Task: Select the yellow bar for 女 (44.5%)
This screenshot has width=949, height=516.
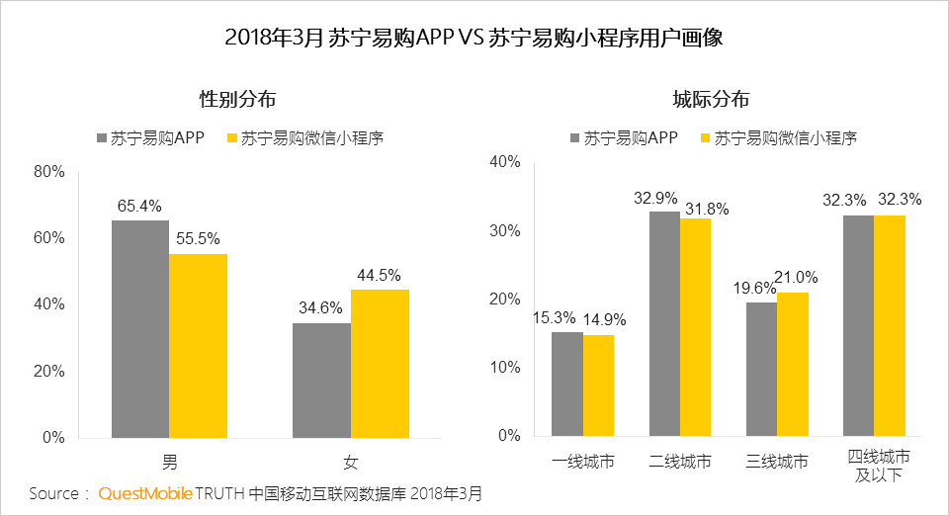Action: pyautogui.click(x=380, y=363)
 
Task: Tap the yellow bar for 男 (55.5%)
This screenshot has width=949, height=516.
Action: pyautogui.click(x=198, y=345)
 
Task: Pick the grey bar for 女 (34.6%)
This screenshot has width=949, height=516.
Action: pyautogui.click(x=321, y=380)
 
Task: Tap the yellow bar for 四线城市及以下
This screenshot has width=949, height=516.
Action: pyautogui.click(x=890, y=325)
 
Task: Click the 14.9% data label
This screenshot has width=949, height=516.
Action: pyautogui.click(x=603, y=319)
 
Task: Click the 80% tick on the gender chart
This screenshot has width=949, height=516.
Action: pyautogui.click(x=48, y=172)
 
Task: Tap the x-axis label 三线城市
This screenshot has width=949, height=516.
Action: pyautogui.click(x=777, y=462)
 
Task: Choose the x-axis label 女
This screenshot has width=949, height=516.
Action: pyautogui.click(x=351, y=462)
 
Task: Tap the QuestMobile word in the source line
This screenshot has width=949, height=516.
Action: pyautogui.click(x=144, y=493)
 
